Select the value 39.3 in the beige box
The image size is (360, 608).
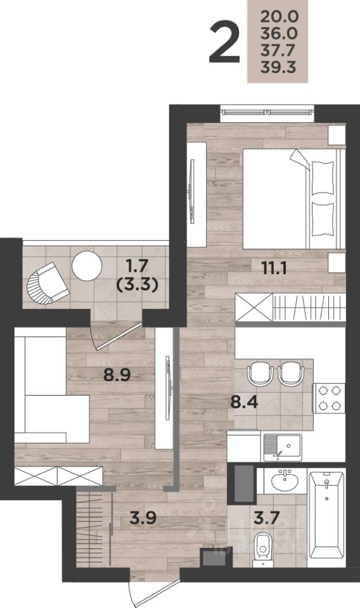(278, 67)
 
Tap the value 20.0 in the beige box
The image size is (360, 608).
(279, 16)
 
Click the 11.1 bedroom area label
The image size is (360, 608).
(274, 267)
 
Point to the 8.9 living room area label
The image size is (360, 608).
(117, 374)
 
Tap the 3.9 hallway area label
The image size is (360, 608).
(143, 517)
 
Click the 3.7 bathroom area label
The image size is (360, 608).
(267, 517)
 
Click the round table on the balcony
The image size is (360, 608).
(87, 266)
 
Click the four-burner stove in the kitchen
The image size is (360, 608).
(329, 398)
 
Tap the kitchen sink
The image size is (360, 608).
(283, 447)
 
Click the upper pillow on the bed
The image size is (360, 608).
(323, 177)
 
